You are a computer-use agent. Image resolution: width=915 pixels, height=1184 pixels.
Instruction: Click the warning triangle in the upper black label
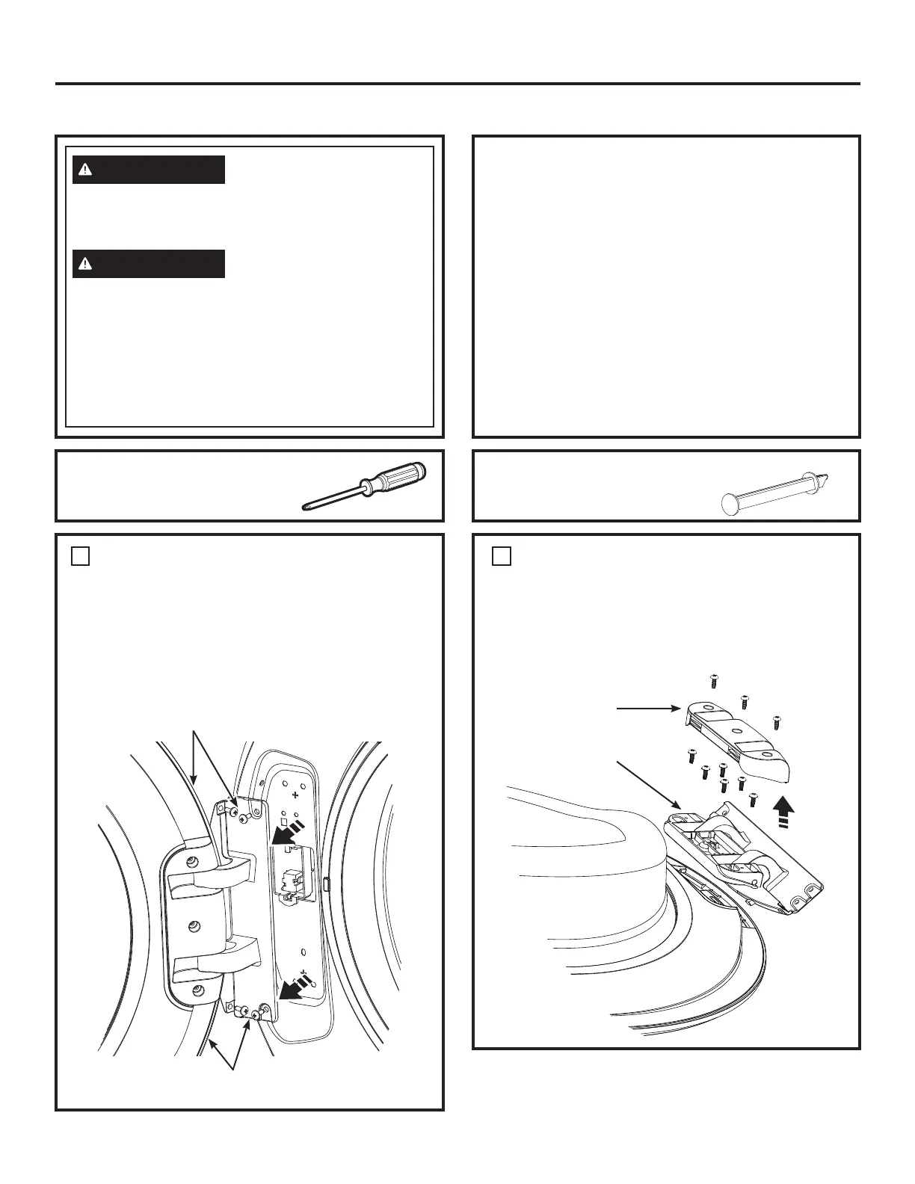click(87, 170)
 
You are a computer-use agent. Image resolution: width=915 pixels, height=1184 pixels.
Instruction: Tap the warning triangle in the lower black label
click(87, 264)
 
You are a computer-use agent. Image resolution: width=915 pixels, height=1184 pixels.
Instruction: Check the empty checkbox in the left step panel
click(81, 556)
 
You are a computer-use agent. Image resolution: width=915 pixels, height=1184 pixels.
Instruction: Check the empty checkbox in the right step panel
click(502, 556)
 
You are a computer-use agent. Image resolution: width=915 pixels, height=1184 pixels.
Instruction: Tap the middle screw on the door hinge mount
click(196, 925)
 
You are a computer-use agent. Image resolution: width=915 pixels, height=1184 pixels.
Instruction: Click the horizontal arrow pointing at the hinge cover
click(647, 709)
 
